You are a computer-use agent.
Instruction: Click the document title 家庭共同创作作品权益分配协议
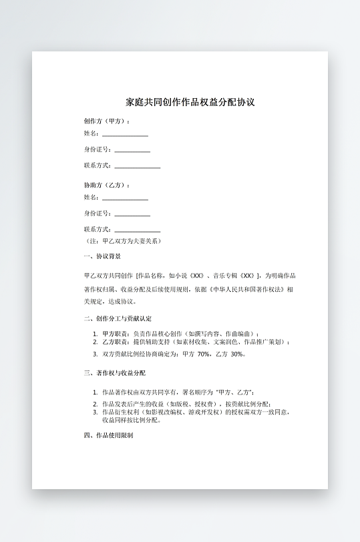(x=190, y=103)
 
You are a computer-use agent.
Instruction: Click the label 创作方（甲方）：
(x=107, y=121)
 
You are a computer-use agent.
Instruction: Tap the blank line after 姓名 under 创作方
(x=125, y=135)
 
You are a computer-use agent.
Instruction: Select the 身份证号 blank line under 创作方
(x=132, y=151)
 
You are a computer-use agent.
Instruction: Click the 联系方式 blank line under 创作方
(x=137, y=167)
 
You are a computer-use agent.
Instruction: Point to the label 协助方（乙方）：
(x=107, y=185)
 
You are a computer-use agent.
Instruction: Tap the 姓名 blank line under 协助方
(x=125, y=199)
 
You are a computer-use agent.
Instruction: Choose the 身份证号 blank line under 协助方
(x=132, y=215)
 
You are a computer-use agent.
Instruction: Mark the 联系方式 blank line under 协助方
(x=137, y=231)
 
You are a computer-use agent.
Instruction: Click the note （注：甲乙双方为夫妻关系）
(x=123, y=240)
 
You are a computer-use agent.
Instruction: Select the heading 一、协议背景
(x=102, y=256)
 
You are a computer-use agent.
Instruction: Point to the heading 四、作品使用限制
(x=108, y=435)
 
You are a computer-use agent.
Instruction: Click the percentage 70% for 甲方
(x=204, y=354)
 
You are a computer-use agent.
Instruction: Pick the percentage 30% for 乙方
(x=237, y=354)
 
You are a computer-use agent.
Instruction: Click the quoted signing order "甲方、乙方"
(x=234, y=392)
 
